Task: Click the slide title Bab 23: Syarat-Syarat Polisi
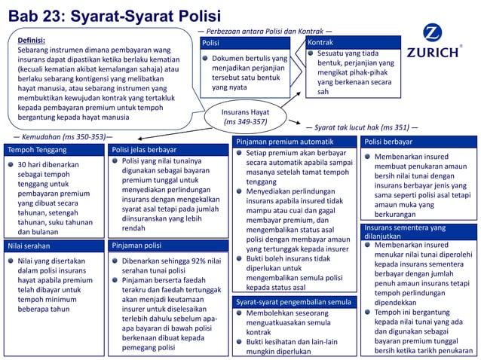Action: tap(114, 15)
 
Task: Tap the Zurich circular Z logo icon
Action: tap(434, 34)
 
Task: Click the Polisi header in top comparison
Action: tap(212, 44)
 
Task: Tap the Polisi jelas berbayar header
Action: tap(143, 150)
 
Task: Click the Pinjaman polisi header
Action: tap(136, 246)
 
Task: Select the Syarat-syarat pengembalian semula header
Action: tap(293, 302)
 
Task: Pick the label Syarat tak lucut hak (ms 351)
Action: tap(360, 128)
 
